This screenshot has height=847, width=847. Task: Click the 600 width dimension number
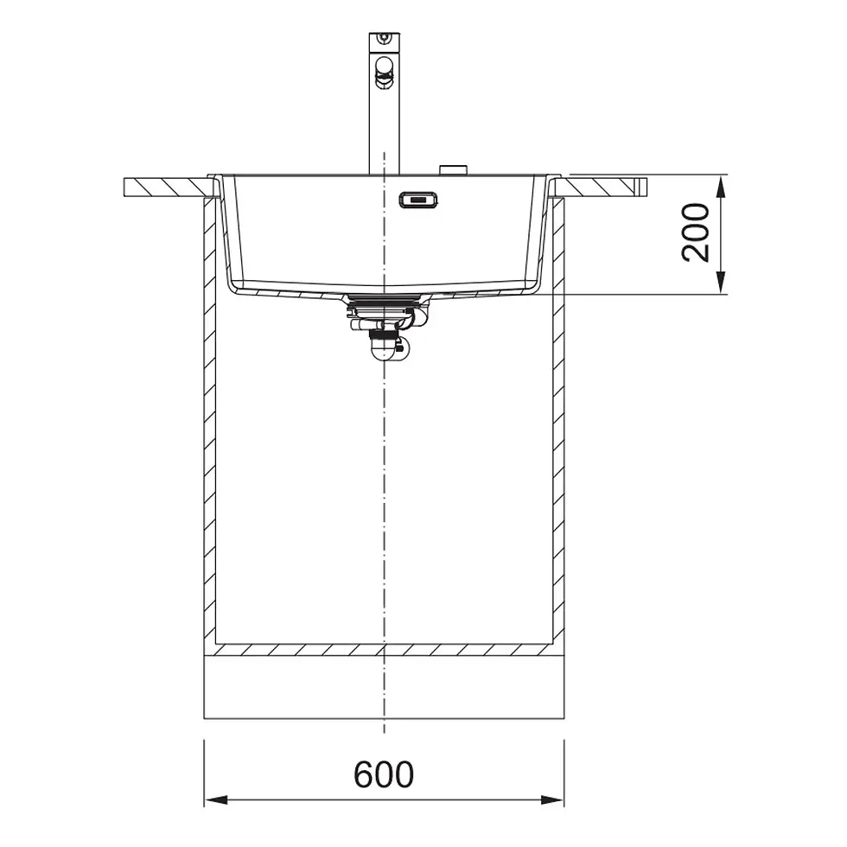click(384, 774)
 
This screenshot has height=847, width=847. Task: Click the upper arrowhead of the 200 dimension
click(721, 183)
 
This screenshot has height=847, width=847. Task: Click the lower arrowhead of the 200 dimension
click(721, 286)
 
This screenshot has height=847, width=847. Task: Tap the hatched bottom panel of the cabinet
click(384, 648)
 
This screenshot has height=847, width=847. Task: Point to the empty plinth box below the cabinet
click(384, 686)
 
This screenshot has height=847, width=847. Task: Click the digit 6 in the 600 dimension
click(364, 774)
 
